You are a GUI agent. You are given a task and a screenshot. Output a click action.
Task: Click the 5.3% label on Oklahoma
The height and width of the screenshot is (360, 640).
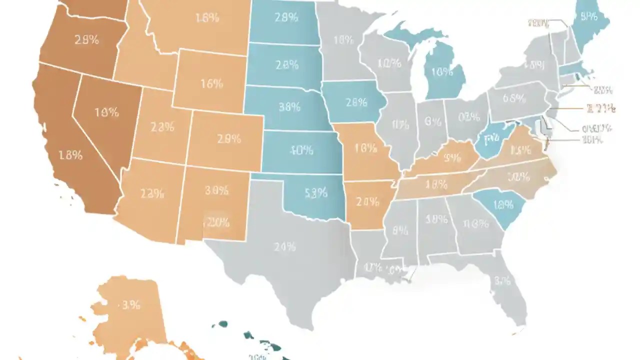(x=315, y=192)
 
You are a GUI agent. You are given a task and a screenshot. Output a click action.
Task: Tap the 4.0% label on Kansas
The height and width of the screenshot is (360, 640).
(x=301, y=149)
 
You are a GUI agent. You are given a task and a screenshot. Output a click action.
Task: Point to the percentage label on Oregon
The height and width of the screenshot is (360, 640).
(x=86, y=40)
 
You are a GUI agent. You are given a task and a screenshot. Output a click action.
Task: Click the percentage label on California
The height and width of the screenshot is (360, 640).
(x=70, y=155)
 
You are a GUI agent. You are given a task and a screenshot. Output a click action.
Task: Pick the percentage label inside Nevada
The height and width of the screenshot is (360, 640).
(x=106, y=112)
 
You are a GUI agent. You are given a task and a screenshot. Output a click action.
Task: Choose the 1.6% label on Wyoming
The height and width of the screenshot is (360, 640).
(x=211, y=83)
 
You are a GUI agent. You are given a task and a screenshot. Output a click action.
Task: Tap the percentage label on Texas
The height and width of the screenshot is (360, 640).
(x=284, y=246)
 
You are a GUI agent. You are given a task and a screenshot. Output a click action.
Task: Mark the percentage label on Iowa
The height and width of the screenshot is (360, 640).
(x=356, y=102)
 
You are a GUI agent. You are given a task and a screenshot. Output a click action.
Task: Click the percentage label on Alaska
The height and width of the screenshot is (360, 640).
(x=130, y=305)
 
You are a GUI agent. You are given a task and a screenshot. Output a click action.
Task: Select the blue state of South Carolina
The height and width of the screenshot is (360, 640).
(x=500, y=207)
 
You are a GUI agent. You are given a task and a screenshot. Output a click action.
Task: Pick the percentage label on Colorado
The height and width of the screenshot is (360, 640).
(x=229, y=140)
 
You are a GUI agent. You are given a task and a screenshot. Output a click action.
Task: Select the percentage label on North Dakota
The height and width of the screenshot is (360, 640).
(x=286, y=17)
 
